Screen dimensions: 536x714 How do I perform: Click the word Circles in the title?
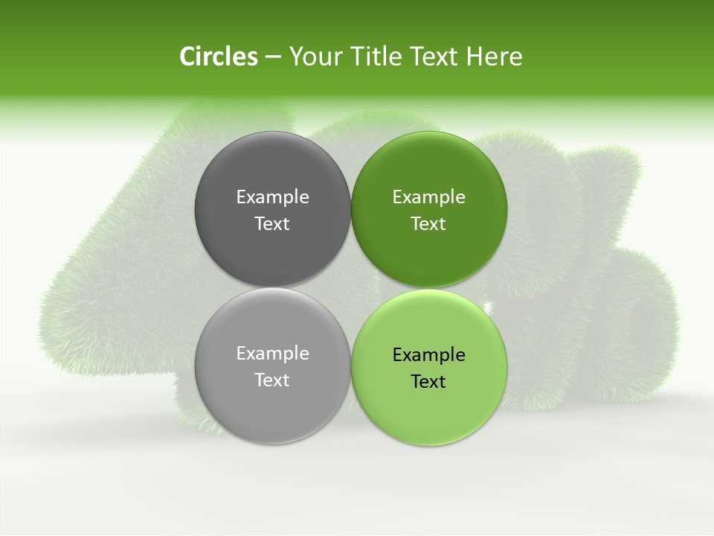(218, 57)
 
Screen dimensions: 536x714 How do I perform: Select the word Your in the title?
(315, 57)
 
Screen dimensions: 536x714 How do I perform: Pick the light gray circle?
(272, 402)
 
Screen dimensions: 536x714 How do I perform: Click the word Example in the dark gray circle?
(272, 197)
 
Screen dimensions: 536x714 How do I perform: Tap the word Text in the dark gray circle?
(272, 224)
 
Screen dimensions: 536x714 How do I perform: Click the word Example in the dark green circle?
(429, 197)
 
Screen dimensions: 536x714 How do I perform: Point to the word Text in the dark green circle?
(429, 224)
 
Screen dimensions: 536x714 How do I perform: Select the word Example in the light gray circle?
(272, 354)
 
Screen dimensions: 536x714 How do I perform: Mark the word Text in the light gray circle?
(272, 380)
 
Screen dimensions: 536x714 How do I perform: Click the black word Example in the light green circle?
(429, 355)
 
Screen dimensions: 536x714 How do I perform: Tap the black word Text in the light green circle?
(429, 382)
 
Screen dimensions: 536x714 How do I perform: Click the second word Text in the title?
(434, 57)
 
